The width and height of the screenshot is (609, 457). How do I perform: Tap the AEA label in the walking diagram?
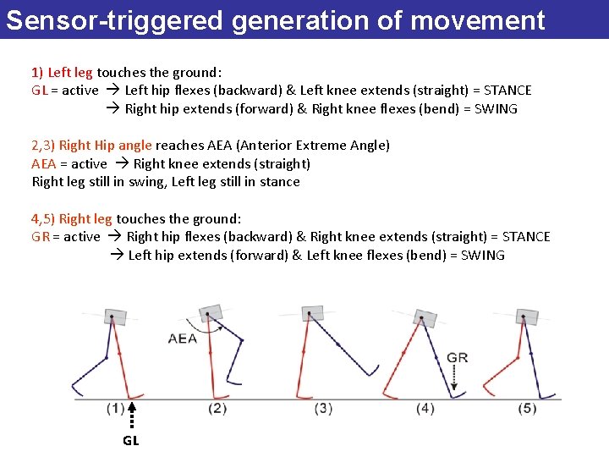tap(183, 339)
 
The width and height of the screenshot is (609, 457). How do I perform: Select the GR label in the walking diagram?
tap(458, 358)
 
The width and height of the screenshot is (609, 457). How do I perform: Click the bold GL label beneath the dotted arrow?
tap(131, 440)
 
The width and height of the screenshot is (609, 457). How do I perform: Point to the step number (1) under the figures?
tap(116, 409)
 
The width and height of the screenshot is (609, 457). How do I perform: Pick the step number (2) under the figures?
tap(217, 409)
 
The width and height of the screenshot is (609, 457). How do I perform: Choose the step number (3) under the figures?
tap(323, 409)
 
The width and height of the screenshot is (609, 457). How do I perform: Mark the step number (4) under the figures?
tap(425, 409)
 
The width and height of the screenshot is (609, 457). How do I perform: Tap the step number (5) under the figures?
tap(528, 409)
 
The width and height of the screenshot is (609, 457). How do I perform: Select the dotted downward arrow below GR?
tap(456, 379)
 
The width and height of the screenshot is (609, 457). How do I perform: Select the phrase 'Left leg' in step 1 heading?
tap(70, 73)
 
